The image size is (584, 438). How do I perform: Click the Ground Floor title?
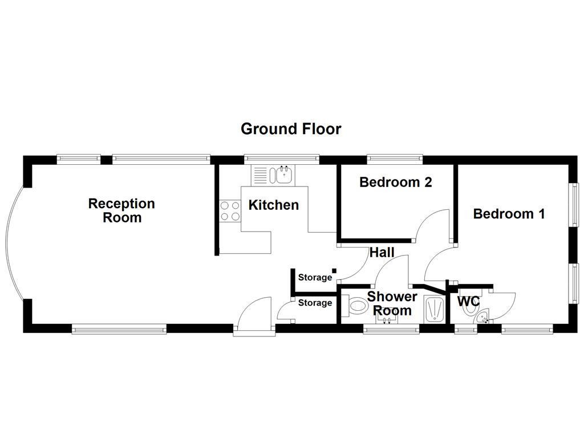(291, 129)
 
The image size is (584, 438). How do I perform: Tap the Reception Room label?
(121, 210)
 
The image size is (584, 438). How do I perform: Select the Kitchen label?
(273, 205)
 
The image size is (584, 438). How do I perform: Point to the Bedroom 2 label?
(395, 182)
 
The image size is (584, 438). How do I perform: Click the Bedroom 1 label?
(509, 214)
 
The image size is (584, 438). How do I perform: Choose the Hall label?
(382, 253)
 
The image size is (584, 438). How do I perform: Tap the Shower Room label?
(392, 304)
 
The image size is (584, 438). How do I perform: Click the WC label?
(468, 301)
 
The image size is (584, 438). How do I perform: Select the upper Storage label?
(315, 278)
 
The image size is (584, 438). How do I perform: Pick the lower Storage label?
(315, 303)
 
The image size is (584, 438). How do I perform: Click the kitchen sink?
(281, 175)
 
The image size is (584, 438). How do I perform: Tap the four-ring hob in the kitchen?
(230, 210)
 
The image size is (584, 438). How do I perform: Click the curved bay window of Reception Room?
(13, 244)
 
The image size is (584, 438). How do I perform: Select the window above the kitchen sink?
(281, 159)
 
